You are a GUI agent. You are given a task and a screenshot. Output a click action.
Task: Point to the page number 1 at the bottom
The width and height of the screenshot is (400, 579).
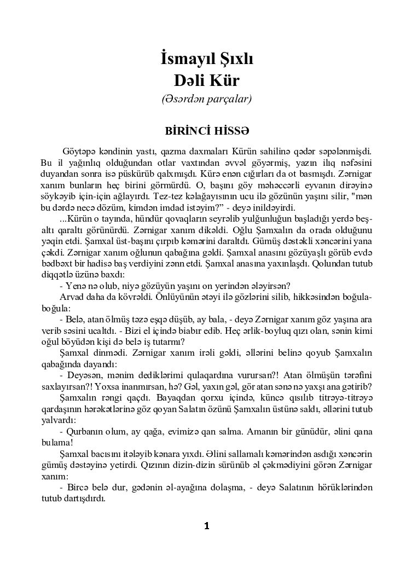(x=206, y=526)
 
